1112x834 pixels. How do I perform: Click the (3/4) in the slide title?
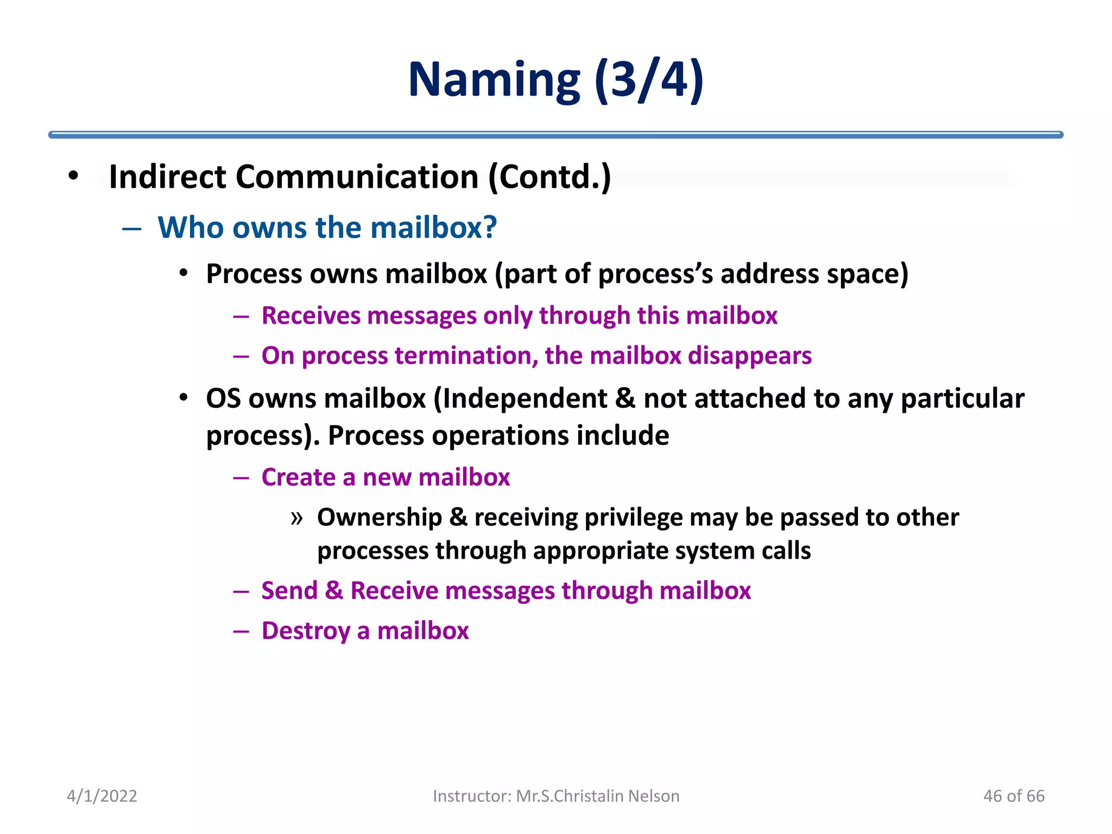[649, 80]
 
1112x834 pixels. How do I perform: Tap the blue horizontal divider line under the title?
[555, 135]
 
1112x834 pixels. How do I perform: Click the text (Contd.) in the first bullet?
[549, 177]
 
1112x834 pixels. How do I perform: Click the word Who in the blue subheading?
[190, 227]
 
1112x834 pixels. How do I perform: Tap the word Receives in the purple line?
[311, 315]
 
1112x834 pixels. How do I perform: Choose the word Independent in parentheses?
[525, 399]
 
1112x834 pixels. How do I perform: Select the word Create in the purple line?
[299, 477]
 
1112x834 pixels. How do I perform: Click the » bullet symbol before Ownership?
[296, 518]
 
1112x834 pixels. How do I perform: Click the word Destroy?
[305, 631]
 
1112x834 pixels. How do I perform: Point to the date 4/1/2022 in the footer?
[102, 796]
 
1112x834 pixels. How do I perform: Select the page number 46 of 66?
[1013, 796]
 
